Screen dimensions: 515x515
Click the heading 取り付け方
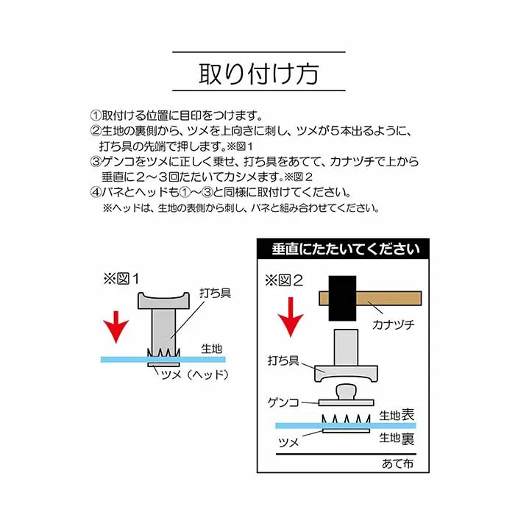pos(258,74)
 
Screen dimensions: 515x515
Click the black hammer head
pos(343,297)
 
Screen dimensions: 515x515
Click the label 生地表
pos(397,416)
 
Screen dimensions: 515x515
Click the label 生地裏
pos(397,438)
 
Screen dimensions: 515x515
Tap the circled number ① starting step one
pos(95,116)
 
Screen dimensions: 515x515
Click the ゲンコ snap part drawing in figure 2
pos(346,395)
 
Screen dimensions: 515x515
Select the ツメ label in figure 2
pos(288,444)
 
